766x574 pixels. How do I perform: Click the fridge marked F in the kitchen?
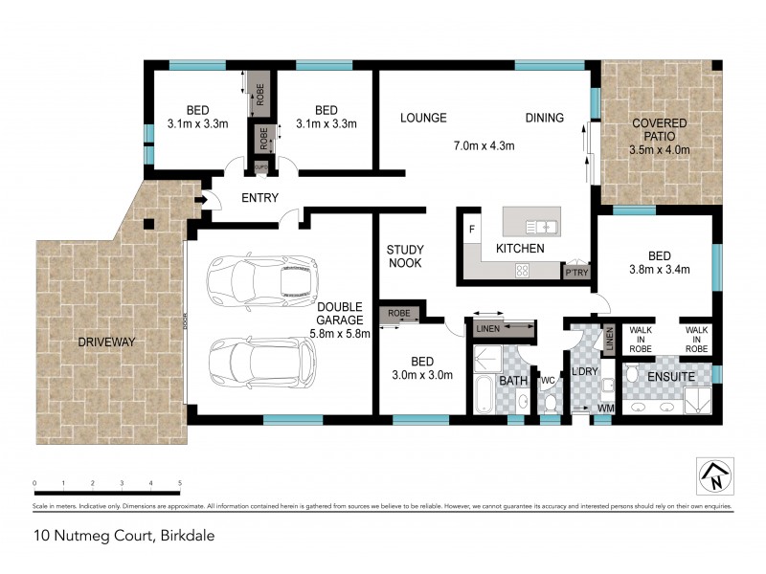point(472,230)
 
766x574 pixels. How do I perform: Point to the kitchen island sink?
point(542,227)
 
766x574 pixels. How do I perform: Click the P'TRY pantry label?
point(576,272)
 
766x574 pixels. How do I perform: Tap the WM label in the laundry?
point(604,408)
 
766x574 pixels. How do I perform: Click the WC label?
point(548,380)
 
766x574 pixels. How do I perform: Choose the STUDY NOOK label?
point(405,255)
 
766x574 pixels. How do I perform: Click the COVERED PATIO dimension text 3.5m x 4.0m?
point(661,150)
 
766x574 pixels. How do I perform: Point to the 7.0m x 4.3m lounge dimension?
point(484,146)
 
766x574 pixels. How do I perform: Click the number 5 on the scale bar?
point(180,483)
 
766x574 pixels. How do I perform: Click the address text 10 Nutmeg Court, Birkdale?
point(111,536)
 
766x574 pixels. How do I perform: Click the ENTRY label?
point(260,198)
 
